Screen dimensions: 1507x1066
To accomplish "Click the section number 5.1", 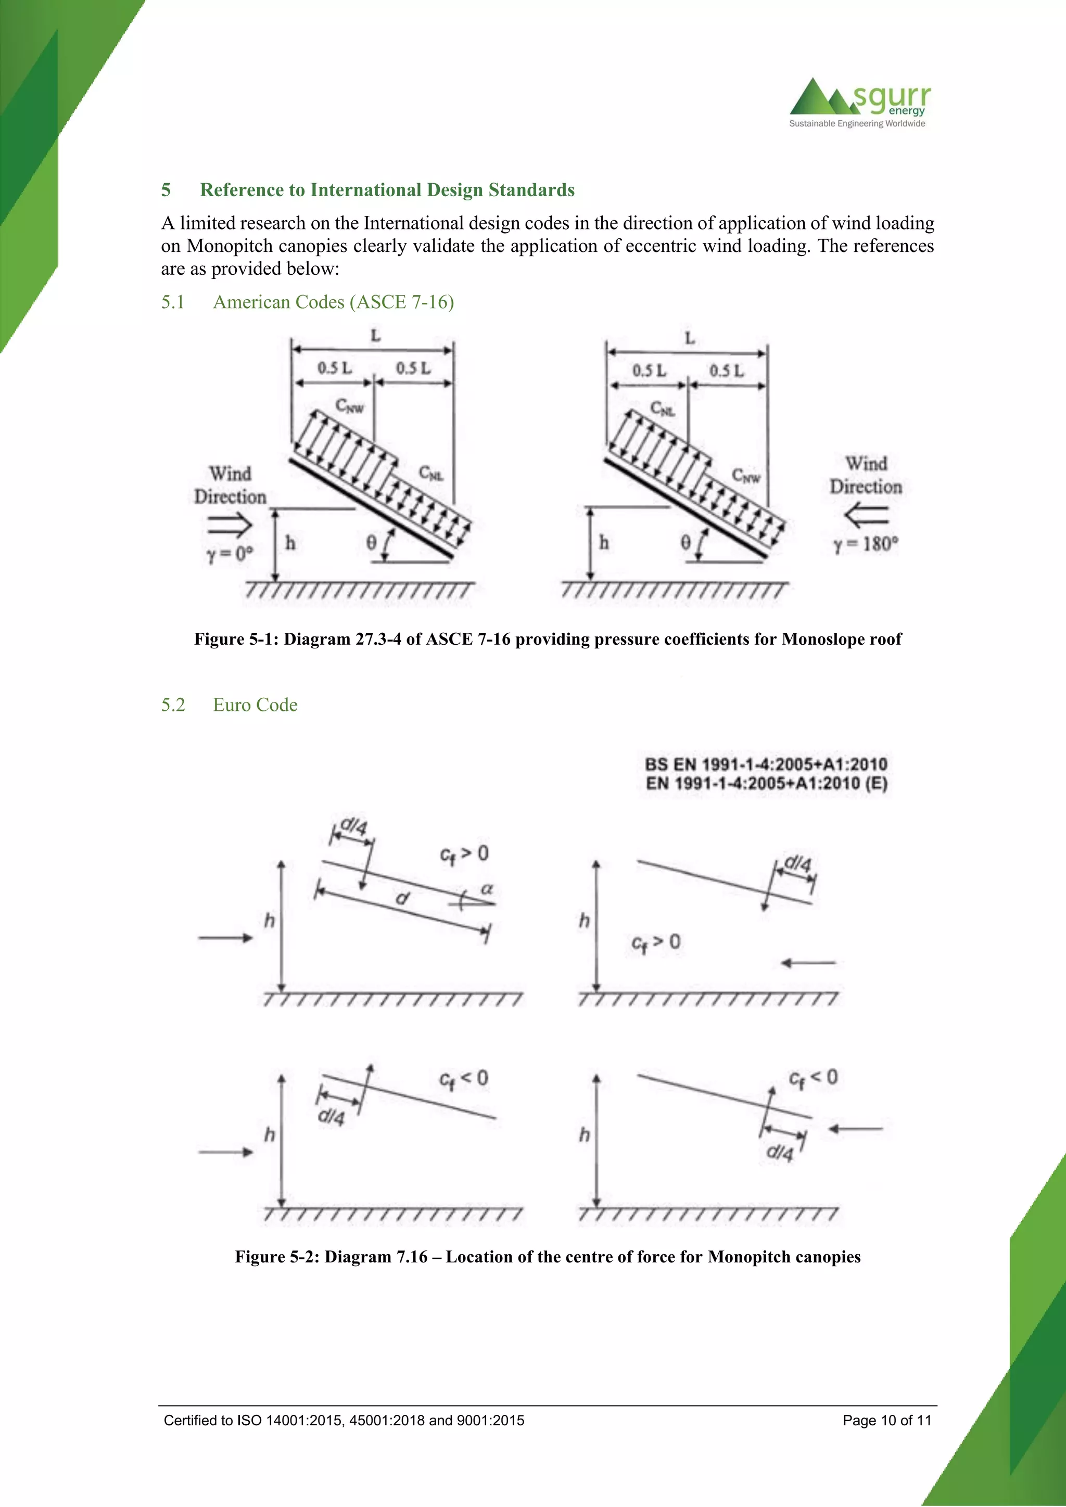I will coord(173,302).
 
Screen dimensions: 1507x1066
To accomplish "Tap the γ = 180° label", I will coord(866,544).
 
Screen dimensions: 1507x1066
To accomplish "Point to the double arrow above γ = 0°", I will coord(230,525).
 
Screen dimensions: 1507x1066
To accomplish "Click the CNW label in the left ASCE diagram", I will coord(349,406).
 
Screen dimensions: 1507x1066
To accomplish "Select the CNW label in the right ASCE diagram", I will coord(746,476).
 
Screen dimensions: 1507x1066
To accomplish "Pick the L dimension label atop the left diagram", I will coord(375,336).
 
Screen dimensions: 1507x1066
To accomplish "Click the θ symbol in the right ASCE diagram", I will coord(686,542).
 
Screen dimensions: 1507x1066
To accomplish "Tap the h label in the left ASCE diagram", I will coord(290,543).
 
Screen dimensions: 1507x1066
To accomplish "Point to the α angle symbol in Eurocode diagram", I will coord(486,889).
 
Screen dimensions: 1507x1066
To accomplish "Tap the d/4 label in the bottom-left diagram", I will coord(331,1117).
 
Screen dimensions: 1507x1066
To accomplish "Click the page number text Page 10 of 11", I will coord(887,1421).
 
